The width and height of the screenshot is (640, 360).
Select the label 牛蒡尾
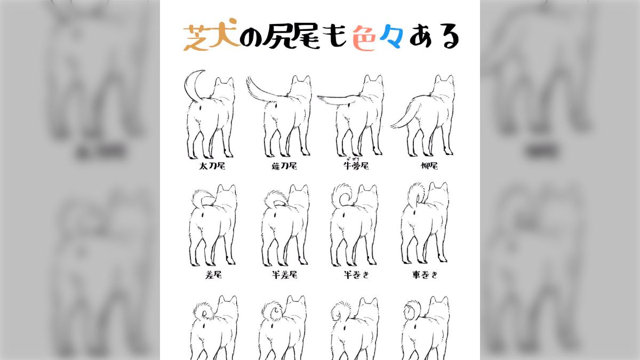click(356, 166)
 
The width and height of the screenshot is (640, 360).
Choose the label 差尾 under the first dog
click(212, 275)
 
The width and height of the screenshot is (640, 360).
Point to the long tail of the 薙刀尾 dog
click(261, 91)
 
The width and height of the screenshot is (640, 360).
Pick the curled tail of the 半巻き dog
click(341, 196)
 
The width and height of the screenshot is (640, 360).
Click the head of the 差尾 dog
click(227, 195)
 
